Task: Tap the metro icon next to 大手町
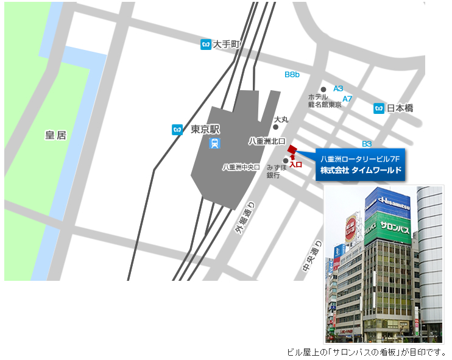click(206, 44)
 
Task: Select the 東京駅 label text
click(205, 129)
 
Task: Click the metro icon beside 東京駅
click(177, 129)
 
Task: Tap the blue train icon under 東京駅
click(214, 144)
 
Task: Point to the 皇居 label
click(55, 135)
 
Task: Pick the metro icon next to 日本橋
click(379, 108)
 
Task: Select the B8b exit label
click(292, 74)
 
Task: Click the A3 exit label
click(338, 88)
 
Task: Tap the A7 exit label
click(347, 99)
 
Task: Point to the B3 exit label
click(367, 144)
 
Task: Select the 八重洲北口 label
click(267, 141)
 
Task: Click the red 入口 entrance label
click(296, 164)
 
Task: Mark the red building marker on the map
click(292, 150)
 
